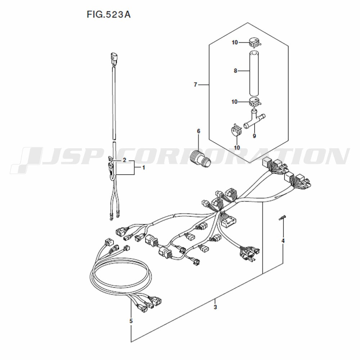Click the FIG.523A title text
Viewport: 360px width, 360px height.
[x=109, y=14]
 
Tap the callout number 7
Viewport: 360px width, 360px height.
[x=195, y=85]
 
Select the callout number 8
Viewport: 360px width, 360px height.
[x=235, y=71]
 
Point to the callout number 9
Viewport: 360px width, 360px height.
[x=254, y=136]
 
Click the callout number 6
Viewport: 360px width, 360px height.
[x=199, y=131]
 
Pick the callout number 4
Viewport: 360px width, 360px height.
[x=283, y=241]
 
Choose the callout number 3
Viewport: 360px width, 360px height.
[x=215, y=307]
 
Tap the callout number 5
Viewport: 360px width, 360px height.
[x=131, y=321]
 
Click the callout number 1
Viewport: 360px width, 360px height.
[x=144, y=168]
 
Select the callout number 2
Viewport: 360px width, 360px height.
[x=124, y=160]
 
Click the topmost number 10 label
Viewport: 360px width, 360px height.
[x=235, y=42]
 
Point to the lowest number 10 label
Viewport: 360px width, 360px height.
[x=237, y=147]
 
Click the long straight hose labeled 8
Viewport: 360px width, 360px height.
[x=254, y=73]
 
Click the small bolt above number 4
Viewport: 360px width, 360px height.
[x=283, y=217]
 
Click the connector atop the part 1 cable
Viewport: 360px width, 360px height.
[x=114, y=58]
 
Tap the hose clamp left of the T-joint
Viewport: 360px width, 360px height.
[x=236, y=130]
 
